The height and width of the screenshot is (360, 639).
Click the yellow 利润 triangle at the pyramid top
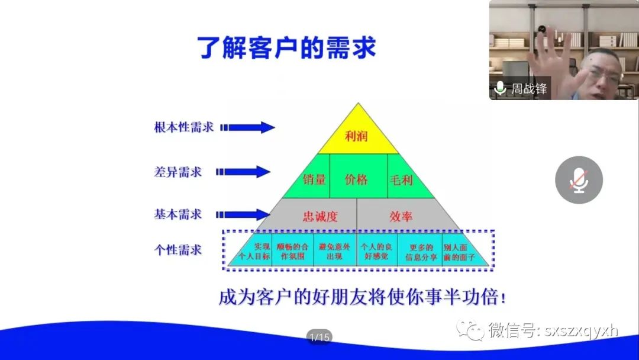(x=358, y=134)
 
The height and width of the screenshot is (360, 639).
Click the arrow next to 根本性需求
(x=247, y=128)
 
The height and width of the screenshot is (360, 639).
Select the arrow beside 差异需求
(x=243, y=172)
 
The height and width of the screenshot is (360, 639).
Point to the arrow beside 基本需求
(x=243, y=214)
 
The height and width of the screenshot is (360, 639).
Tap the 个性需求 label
(x=177, y=249)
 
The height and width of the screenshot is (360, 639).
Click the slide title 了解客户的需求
(x=286, y=47)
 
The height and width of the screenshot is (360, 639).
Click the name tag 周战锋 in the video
(x=529, y=88)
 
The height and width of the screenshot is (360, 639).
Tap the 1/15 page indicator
(x=319, y=337)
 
